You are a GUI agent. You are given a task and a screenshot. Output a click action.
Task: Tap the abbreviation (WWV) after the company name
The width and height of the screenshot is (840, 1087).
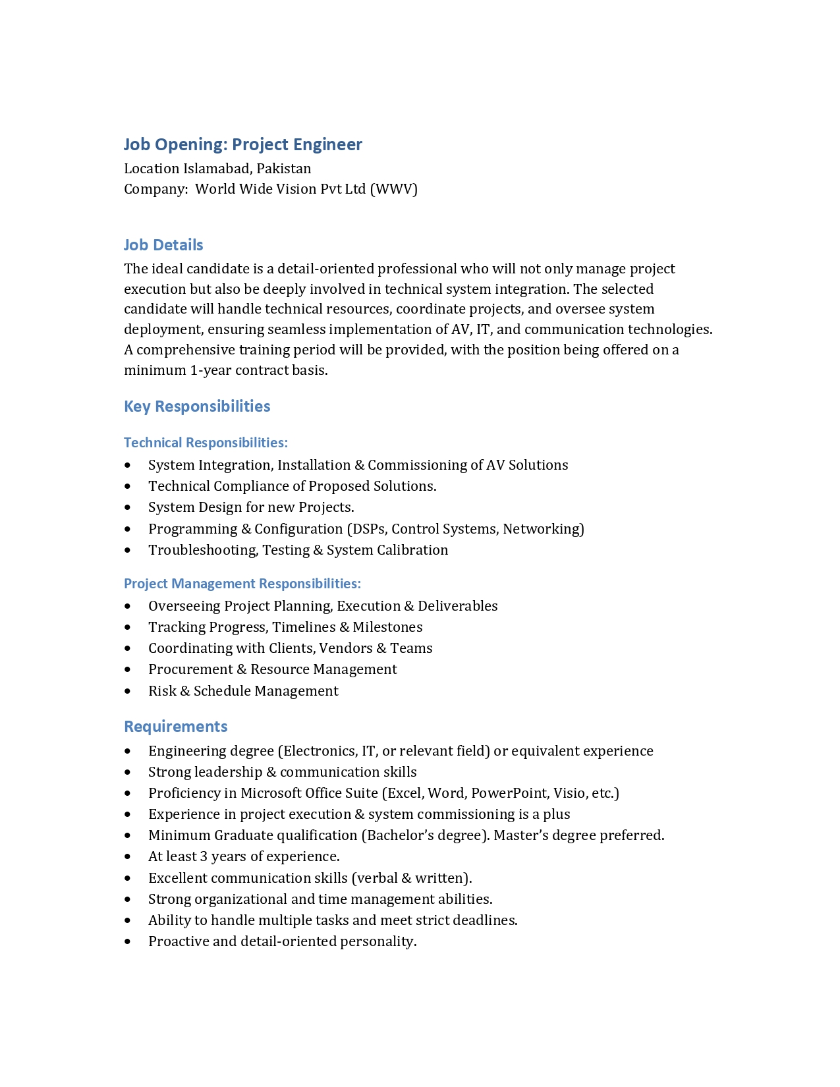coord(393,189)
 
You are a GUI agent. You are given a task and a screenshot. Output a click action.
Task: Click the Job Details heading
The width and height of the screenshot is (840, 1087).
coord(163,245)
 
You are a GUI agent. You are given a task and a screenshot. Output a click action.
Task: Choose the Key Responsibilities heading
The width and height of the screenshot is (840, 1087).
coord(197,406)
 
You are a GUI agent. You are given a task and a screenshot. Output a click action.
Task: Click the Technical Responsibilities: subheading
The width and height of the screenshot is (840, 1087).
coord(206,443)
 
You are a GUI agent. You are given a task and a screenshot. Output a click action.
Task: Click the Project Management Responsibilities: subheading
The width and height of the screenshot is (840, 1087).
coord(242,584)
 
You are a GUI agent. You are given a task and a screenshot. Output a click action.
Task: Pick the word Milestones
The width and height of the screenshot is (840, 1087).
coord(387,627)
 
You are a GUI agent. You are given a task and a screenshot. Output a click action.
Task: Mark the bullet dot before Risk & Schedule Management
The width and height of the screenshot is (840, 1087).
coord(128,691)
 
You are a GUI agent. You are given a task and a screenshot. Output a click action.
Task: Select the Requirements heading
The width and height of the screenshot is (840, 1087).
coord(176,727)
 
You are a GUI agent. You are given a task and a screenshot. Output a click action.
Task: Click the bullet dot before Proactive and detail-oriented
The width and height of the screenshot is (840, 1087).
coord(128,941)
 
